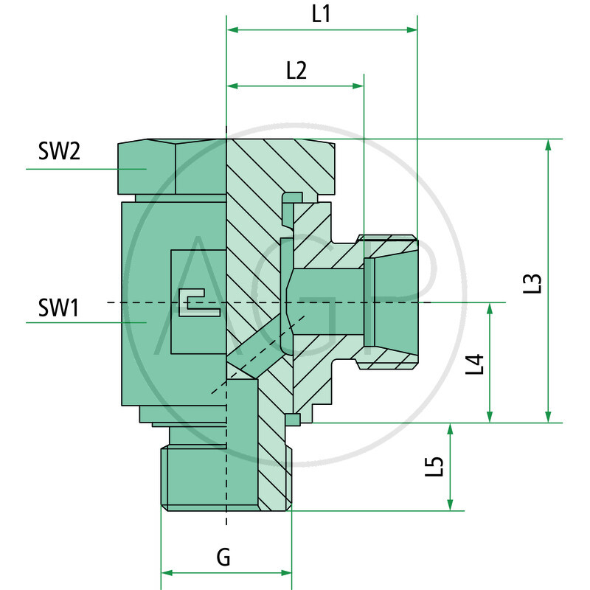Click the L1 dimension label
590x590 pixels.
coord(321,14)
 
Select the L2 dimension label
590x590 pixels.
coord(296,70)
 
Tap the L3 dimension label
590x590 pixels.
coord(535,284)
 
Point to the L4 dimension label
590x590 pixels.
coord(477,364)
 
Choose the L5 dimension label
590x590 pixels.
coord(436,467)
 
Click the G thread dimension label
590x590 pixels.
coord(223,558)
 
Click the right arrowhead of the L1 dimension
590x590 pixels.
coord(412,30)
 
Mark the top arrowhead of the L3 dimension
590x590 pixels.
coord(547,145)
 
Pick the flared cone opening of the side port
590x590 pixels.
coord(398,302)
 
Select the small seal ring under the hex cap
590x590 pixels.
coord(293,197)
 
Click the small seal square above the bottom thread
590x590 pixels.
coord(292,420)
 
